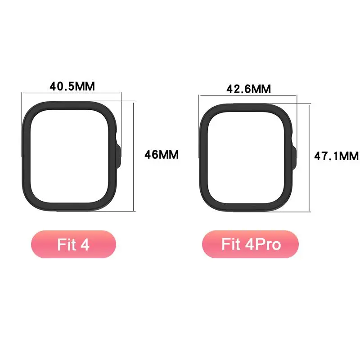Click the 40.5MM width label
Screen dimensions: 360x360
[x=72, y=86]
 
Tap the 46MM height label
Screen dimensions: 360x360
[x=162, y=155]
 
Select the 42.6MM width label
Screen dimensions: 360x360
[x=248, y=89]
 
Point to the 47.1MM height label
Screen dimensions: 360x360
[x=336, y=156]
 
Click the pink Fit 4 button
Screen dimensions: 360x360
[x=73, y=244]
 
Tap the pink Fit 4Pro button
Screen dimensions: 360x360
[x=251, y=244]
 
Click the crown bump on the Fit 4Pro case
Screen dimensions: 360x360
[x=295, y=155]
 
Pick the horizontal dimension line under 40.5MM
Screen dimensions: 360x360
[x=72, y=94]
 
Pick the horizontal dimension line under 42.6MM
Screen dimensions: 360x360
[x=248, y=95]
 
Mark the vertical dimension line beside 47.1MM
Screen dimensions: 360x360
[x=310, y=156]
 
